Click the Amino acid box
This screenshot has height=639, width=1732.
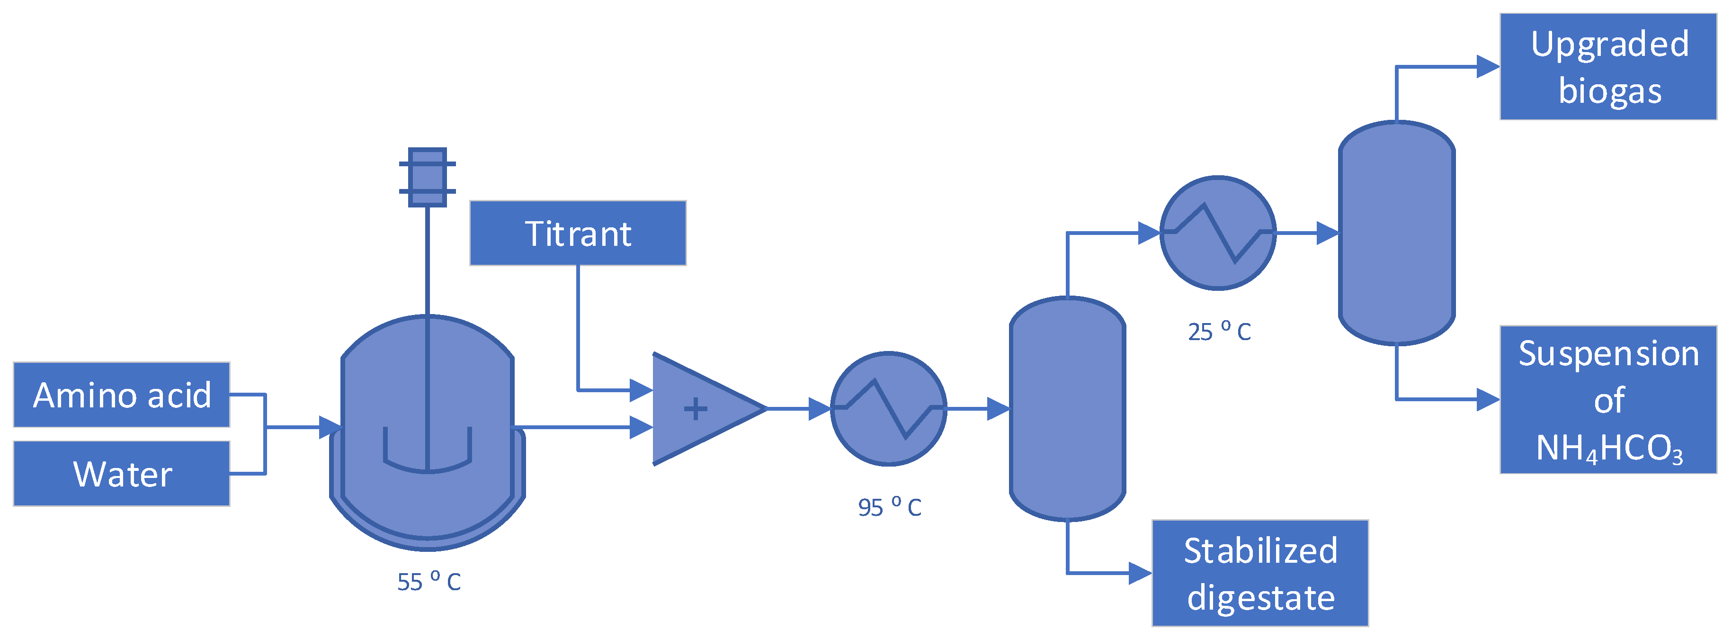click(122, 395)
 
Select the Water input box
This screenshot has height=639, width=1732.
click(122, 474)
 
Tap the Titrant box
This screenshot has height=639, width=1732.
click(578, 234)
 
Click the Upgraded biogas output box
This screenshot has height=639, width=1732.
click(1608, 67)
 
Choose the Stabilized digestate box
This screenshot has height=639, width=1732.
click(1260, 573)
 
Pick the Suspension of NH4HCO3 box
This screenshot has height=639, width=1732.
click(1608, 399)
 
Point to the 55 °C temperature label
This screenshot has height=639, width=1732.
click(429, 581)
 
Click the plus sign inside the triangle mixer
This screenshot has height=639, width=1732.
click(695, 409)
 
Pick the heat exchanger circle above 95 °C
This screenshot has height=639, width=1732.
click(889, 408)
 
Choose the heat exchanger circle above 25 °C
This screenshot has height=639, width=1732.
click(1218, 233)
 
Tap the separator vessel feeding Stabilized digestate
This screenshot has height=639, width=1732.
click(1067, 408)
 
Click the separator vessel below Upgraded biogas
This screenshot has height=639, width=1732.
click(1396, 233)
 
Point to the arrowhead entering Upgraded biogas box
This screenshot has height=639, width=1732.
click(1487, 67)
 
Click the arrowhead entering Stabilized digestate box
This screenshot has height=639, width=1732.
click(1140, 573)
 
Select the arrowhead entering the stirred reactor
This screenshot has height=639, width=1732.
click(330, 427)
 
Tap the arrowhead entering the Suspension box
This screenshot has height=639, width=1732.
click(1487, 399)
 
